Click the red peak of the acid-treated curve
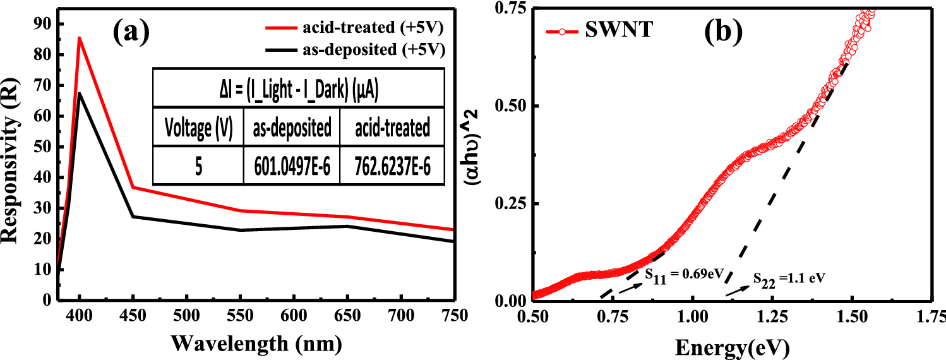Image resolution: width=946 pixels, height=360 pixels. coord(79,38)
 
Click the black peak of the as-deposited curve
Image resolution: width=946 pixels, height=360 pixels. coord(79,93)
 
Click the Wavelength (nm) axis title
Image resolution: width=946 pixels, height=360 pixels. coord(257,343)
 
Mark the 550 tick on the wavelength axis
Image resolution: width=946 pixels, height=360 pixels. coord(240,315)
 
